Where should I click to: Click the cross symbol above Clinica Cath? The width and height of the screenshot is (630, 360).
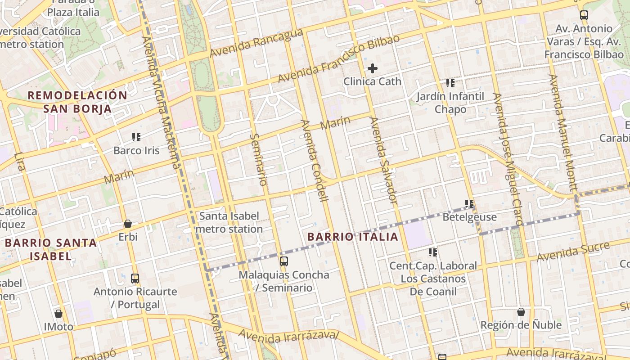tap(373, 68)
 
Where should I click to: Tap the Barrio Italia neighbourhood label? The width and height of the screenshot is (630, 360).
tap(353, 237)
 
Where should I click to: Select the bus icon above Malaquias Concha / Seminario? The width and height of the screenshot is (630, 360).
tap(284, 261)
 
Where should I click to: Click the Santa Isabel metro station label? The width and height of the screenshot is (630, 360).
tap(229, 222)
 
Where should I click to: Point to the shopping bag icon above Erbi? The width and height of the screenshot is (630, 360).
tap(128, 223)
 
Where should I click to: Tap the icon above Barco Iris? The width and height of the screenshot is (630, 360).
tap(136, 137)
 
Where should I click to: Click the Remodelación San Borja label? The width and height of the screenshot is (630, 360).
tap(77, 102)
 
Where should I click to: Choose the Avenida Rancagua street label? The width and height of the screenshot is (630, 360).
tap(256, 44)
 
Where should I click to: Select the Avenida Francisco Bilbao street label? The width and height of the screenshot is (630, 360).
tap(338, 59)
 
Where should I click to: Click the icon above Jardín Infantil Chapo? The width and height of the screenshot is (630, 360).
tap(450, 83)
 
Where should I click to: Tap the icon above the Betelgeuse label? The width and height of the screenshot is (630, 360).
tap(469, 204)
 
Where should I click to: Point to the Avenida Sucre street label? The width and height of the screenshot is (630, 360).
tap(573, 252)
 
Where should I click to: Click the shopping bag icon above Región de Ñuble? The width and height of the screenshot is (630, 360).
tap(521, 312)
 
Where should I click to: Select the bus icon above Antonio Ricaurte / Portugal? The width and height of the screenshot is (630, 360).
tap(135, 278)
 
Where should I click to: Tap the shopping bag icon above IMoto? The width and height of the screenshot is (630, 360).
tap(58, 314)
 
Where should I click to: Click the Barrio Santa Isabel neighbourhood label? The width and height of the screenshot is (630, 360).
tap(51, 249)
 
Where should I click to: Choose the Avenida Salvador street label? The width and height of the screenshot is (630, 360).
tap(383, 160)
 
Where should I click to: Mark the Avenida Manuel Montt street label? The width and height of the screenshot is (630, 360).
tap(562, 132)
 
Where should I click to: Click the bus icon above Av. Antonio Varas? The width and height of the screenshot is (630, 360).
tap(584, 15)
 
